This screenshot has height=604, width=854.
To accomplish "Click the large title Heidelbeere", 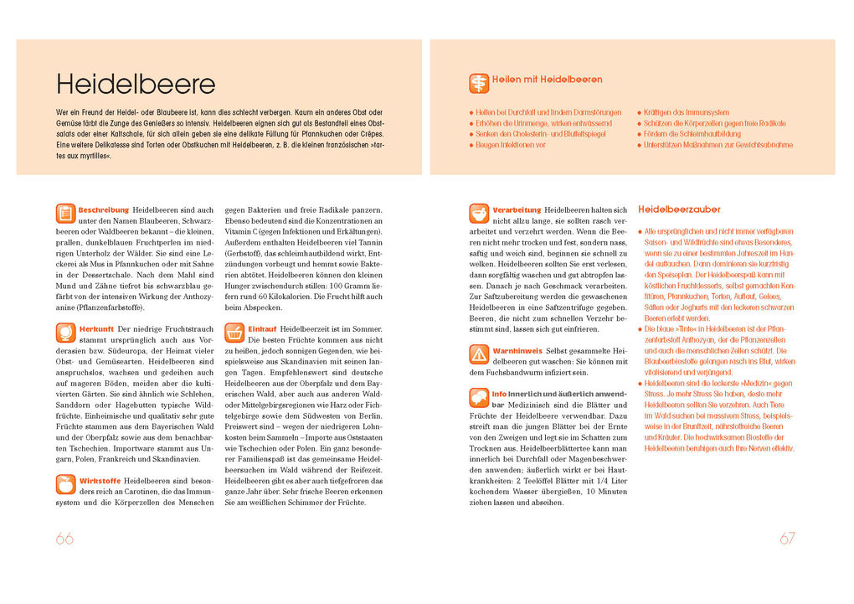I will pyautogui.click(x=136, y=84).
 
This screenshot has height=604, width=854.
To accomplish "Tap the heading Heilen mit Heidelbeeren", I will pyautogui.click(x=547, y=80).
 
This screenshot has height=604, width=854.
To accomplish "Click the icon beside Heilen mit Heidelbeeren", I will pyautogui.click(x=479, y=83).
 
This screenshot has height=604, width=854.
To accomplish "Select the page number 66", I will pyautogui.click(x=64, y=539).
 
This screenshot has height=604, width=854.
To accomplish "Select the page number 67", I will pyautogui.click(x=787, y=539).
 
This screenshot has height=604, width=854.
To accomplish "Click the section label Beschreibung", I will pyautogui.click(x=104, y=209).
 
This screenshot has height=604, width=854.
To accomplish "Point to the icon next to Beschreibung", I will pyautogui.click(x=66, y=214).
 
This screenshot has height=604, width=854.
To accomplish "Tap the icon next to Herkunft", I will pyautogui.click(x=66, y=333).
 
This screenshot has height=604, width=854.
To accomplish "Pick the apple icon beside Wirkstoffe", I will pyautogui.click(x=66, y=484).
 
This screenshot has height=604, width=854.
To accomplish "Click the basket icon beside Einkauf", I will pyautogui.click(x=235, y=333).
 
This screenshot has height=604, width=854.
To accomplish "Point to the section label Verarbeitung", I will pyautogui.click(x=517, y=209).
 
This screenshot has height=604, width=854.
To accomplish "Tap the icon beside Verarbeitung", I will pyautogui.click(x=479, y=214).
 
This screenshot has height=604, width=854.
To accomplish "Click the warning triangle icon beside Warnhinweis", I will pyautogui.click(x=479, y=354).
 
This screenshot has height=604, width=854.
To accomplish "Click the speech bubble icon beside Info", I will pyautogui.click(x=479, y=397).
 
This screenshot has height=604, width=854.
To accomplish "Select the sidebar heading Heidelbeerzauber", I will pyautogui.click(x=679, y=209).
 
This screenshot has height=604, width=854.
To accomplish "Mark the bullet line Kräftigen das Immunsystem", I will pyautogui.click(x=687, y=112).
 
